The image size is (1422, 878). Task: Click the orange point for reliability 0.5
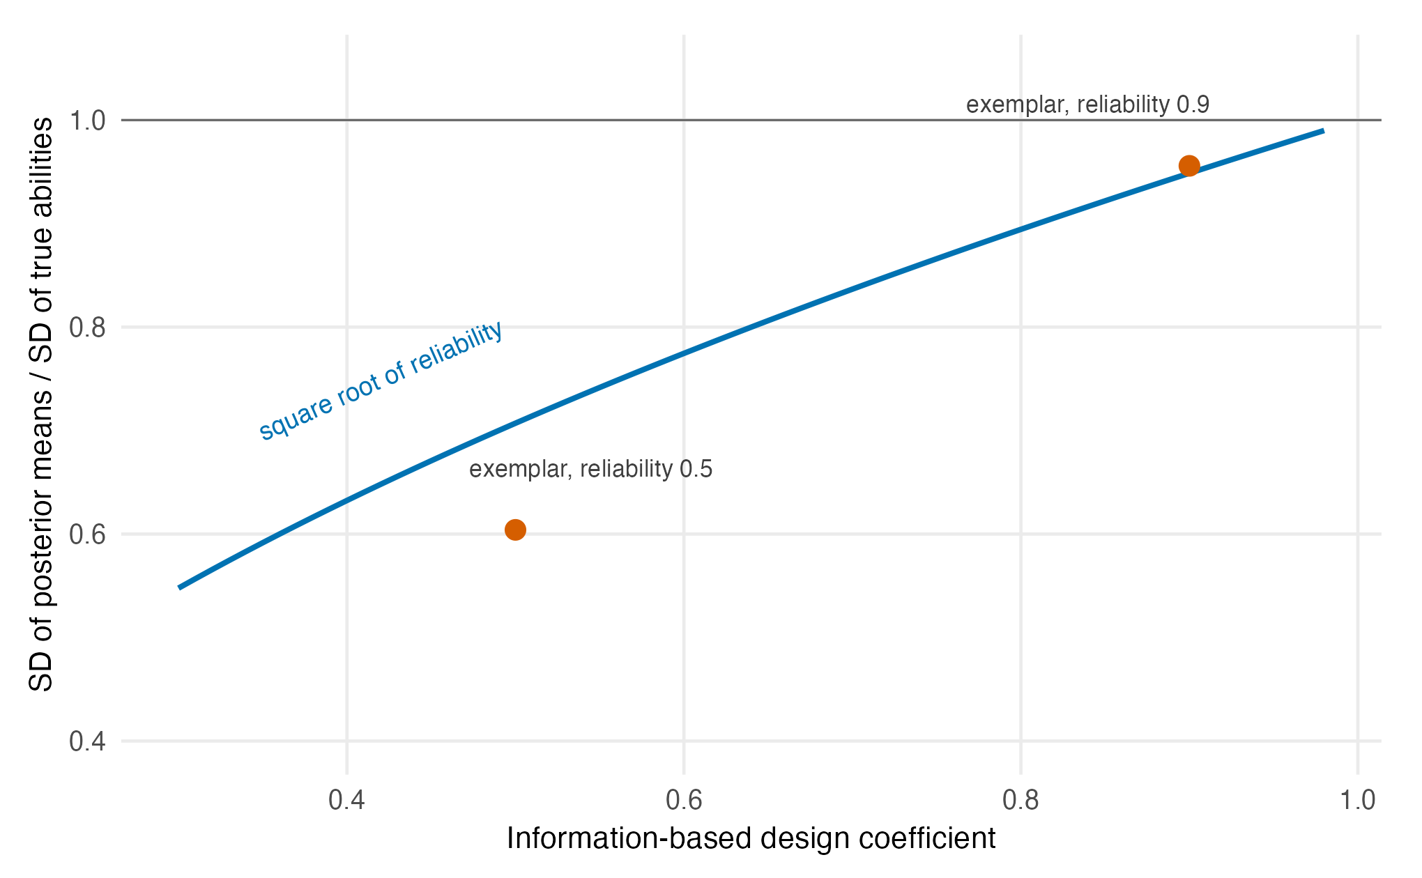515,530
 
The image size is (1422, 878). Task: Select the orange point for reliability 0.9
1189,166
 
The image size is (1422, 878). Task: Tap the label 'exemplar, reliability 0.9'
1087,105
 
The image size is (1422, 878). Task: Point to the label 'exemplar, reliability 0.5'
590,469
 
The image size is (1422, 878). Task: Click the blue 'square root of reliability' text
381,380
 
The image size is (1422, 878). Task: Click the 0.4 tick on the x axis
347,800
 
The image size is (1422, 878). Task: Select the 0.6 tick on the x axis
684,800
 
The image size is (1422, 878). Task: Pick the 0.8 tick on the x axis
1020,800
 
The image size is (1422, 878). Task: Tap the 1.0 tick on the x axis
1358,800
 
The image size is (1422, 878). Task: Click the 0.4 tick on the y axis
88,741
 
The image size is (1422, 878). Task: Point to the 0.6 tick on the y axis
88,534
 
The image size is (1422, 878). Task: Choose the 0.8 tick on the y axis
88,328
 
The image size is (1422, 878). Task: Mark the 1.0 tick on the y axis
88,121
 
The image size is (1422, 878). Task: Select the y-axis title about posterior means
41,404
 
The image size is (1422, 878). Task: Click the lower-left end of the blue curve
179,588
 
